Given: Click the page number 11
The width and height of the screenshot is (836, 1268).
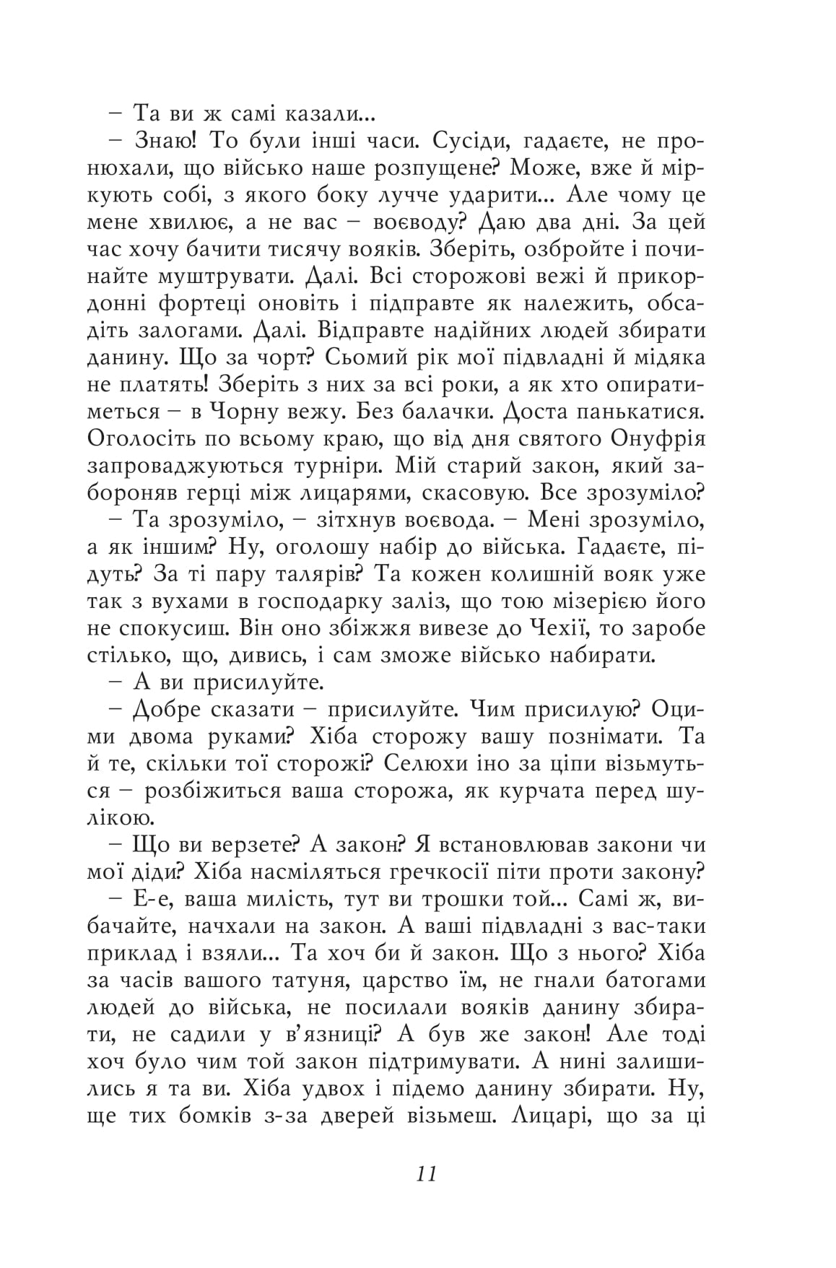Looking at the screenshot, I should [427, 1173].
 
